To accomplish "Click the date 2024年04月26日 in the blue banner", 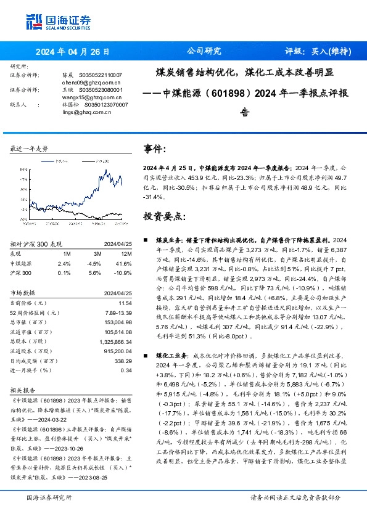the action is [x=72, y=52].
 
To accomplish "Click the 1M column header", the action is [x=67, y=254].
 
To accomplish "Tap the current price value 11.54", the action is [x=125, y=304].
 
